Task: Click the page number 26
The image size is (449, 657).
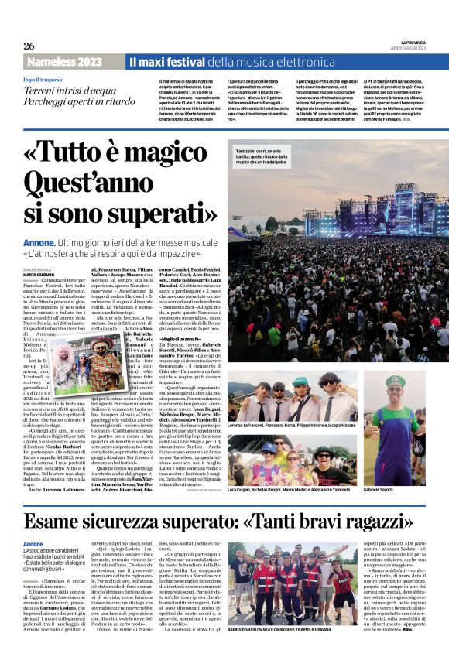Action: point(29,45)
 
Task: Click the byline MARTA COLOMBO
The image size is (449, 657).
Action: point(38,273)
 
